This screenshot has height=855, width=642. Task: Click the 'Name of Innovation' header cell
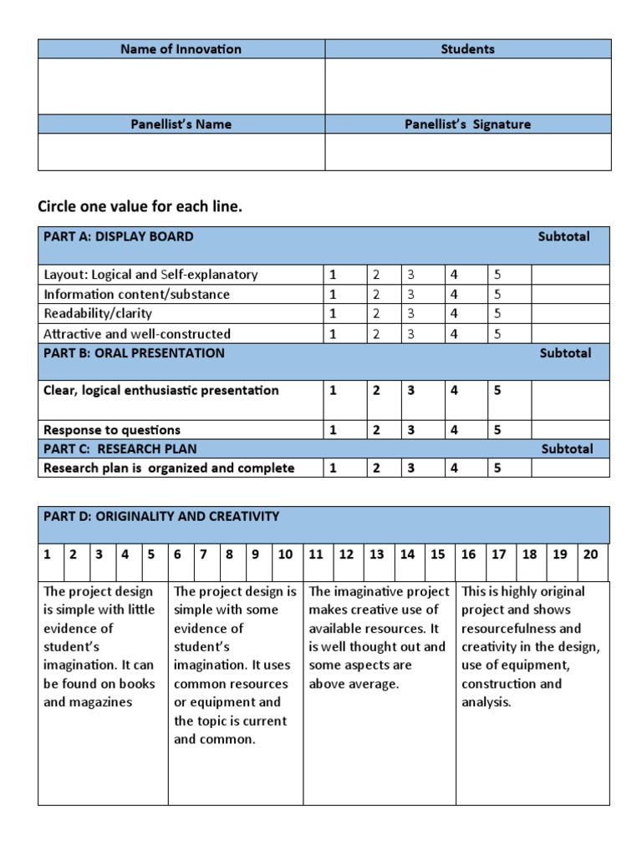click(181, 49)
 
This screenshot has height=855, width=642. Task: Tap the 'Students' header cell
click(467, 49)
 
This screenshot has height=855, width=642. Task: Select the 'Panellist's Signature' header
click(467, 124)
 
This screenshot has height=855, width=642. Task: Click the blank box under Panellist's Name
click(181, 152)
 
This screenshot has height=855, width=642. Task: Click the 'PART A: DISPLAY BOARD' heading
click(119, 236)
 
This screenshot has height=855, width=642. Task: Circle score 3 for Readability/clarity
click(410, 314)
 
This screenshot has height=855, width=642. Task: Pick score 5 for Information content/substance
click(497, 294)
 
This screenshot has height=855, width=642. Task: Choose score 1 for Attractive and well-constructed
click(333, 334)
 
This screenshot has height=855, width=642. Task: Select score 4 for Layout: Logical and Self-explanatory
click(454, 275)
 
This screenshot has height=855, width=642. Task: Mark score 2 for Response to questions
click(376, 430)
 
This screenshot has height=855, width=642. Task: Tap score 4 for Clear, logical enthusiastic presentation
click(454, 390)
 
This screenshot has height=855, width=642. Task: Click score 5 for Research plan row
click(497, 468)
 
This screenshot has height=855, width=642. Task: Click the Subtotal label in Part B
click(565, 353)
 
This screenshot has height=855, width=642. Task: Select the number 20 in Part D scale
click(590, 554)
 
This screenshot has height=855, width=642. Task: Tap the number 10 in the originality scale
click(285, 554)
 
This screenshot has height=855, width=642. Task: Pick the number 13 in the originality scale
click(377, 554)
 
